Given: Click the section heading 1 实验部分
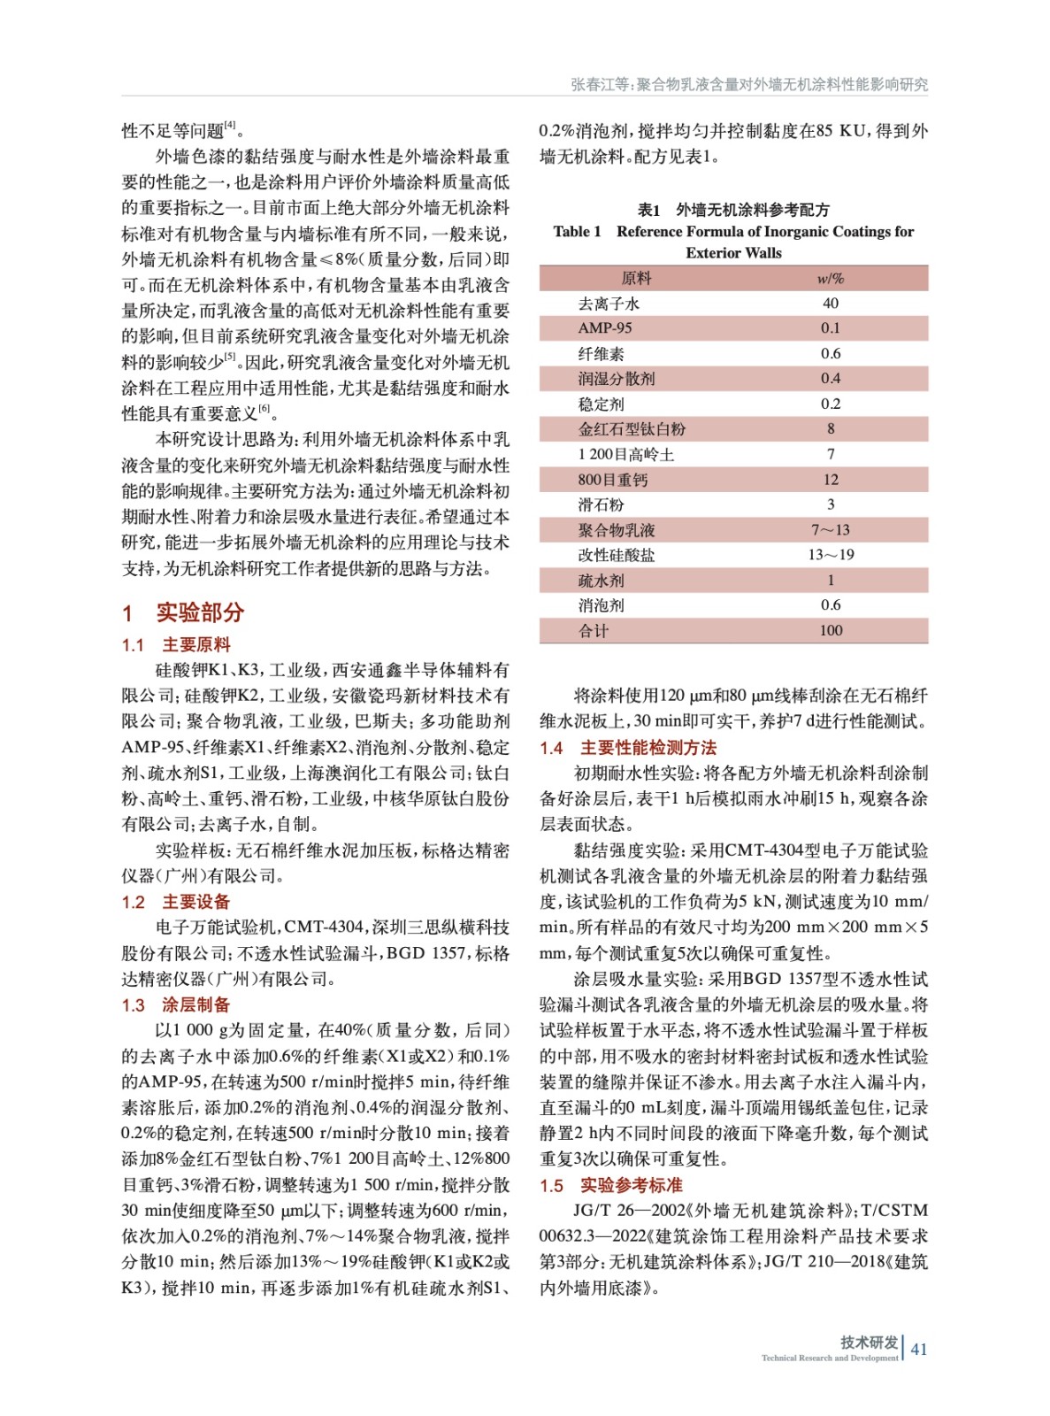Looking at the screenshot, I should [x=183, y=612].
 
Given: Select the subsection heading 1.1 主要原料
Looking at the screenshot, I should [x=176, y=644].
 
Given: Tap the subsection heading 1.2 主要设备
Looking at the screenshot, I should [x=176, y=902].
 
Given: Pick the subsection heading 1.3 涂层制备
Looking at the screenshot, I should [x=176, y=1004].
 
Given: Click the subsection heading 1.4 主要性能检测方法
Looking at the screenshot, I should [x=628, y=748].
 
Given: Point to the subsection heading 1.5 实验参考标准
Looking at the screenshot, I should [x=611, y=1185].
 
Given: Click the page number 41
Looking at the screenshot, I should [x=919, y=1349].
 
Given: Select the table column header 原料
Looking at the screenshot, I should [x=636, y=278].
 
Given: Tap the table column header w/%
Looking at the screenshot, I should [x=830, y=278].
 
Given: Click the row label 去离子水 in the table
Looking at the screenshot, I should [x=609, y=304].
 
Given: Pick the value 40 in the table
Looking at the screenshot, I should [x=830, y=304].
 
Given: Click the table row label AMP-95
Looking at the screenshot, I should [x=605, y=328].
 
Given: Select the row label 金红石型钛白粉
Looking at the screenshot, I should [x=632, y=429].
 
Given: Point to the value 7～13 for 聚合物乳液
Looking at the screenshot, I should [x=830, y=530].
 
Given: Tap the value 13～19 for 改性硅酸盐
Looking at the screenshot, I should [x=830, y=555].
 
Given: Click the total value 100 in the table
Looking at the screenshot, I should [x=830, y=630].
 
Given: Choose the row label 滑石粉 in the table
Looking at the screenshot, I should [x=601, y=504].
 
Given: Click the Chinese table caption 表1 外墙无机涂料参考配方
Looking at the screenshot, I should [x=733, y=210].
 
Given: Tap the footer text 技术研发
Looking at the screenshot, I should [x=869, y=1342].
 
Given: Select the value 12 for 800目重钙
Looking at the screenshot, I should [x=830, y=480].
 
